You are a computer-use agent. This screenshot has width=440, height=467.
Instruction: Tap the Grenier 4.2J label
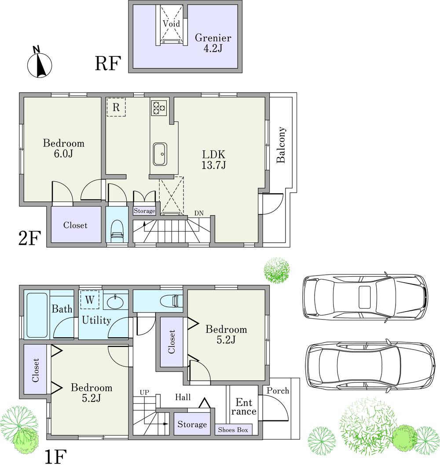(213, 43)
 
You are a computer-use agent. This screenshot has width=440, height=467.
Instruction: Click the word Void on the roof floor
(171, 23)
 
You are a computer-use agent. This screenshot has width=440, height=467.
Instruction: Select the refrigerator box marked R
(116, 107)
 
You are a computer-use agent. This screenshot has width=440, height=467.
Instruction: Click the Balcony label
(281, 145)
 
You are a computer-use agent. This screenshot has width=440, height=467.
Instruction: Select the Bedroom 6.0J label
(63, 148)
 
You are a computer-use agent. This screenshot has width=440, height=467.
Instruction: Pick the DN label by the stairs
(199, 213)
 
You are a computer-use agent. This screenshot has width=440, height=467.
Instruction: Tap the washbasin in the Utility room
(116, 303)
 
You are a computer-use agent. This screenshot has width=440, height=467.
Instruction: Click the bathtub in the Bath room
(36, 314)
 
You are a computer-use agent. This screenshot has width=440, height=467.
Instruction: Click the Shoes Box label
(233, 430)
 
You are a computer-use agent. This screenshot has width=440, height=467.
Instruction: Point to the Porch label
(278, 391)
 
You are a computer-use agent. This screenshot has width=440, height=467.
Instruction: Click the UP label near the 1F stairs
(144, 392)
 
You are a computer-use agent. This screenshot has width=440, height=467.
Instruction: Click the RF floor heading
(108, 64)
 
